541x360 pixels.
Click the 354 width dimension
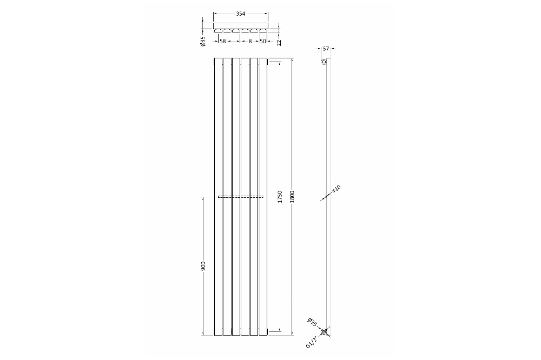point(241,14)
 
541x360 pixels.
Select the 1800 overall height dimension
point(292,196)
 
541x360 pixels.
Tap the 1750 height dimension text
point(280,197)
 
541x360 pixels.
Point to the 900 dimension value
point(203,266)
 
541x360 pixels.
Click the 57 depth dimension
point(325,49)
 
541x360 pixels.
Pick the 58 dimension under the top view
point(222,42)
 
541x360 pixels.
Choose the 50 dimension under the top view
point(262,42)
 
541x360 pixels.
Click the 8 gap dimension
point(250,42)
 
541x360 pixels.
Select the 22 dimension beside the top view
point(279,42)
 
